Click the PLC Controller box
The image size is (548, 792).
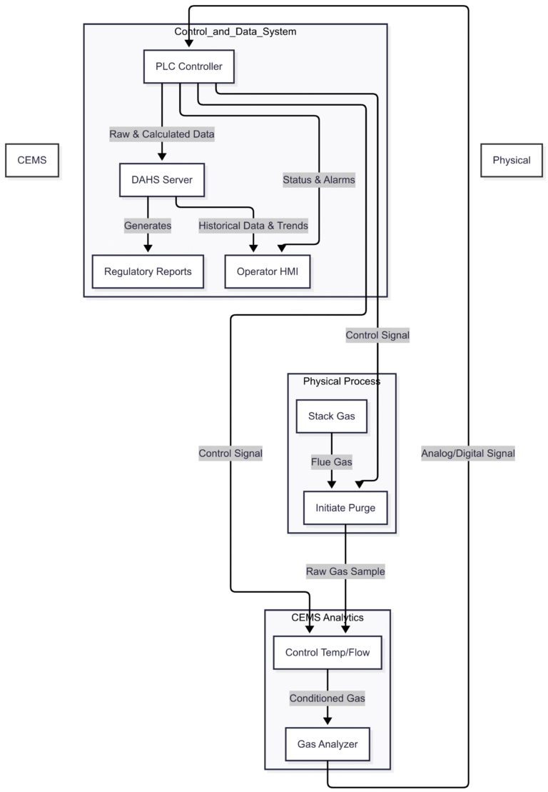tap(189, 67)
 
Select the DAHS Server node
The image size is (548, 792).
tap(162, 180)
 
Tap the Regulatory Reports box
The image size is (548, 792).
tap(148, 271)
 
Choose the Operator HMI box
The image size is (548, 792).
tap(268, 271)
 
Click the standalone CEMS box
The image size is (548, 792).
tap(32, 160)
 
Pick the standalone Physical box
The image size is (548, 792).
tap(512, 160)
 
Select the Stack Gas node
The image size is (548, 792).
tap(332, 416)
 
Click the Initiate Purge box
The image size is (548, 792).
tap(345, 508)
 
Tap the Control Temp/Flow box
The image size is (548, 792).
tap(328, 652)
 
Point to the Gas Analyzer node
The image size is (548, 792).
tap(328, 745)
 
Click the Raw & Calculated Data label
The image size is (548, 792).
tap(162, 134)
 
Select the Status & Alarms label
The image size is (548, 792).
tap(319, 180)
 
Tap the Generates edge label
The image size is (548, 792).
tap(148, 226)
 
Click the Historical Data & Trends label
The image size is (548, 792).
tap(253, 226)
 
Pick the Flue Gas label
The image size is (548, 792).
tap(332, 462)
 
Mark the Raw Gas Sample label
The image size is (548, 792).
tap(345, 571)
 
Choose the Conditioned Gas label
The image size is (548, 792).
tap(328, 698)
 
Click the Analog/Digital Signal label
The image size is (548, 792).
tap(468, 453)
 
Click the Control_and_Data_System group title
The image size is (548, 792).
tap(235, 31)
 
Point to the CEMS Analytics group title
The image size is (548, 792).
tap(328, 617)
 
